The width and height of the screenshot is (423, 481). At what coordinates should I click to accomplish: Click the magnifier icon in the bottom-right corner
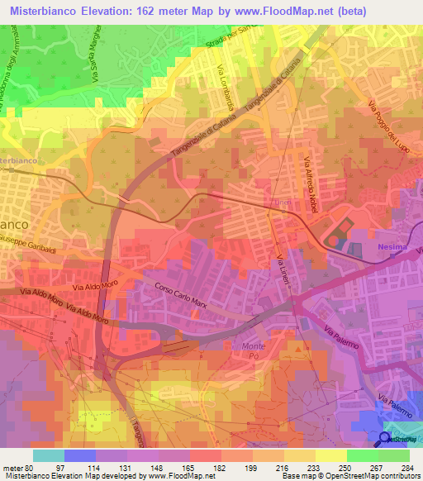click(385, 440)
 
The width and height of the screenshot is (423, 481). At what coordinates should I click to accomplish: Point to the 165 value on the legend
click(175, 467)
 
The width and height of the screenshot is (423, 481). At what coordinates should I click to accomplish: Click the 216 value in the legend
click(269, 467)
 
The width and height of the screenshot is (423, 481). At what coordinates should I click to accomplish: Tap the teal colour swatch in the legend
click(48, 455)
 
